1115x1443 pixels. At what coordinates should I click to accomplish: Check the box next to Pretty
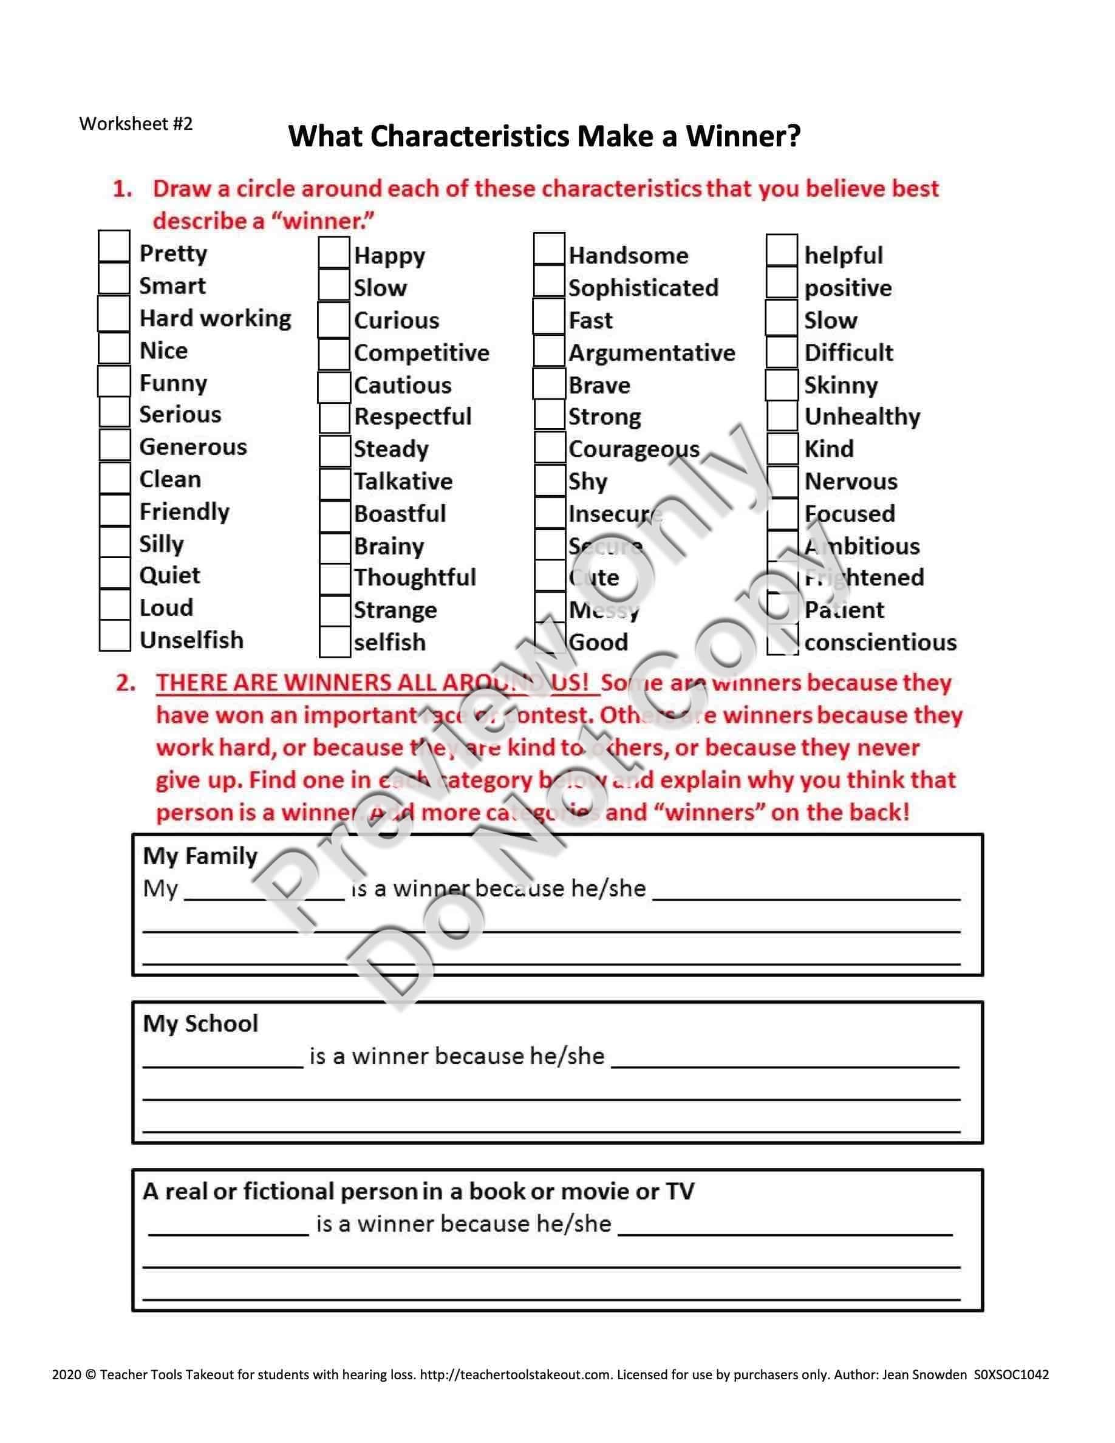click(x=114, y=247)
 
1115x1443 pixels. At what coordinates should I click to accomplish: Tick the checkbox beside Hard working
click(x=114, y=313)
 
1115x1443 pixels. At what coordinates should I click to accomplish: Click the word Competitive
click(x=421, y=353)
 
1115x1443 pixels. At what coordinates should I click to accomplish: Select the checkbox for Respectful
click(x=334, y=418)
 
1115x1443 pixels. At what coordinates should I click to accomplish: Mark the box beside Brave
click(x=549, y=384)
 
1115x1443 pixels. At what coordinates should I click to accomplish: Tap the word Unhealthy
click(x=862, y=417)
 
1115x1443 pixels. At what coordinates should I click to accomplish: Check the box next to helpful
click(x=782, y=250)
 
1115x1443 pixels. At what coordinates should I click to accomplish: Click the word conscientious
click(x=881, y=642)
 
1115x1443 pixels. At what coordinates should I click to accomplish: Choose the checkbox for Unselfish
click(x=114, y=636)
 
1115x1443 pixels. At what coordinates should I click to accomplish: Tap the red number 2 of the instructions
click(x=125, y=683)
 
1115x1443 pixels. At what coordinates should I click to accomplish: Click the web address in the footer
click(x=515, y=1374)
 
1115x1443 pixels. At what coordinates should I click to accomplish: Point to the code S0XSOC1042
click(x=1011, y=1374)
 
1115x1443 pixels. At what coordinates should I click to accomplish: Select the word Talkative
click(x=403, y=482)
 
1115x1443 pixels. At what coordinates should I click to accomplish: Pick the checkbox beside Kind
click(x=783, y=449)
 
